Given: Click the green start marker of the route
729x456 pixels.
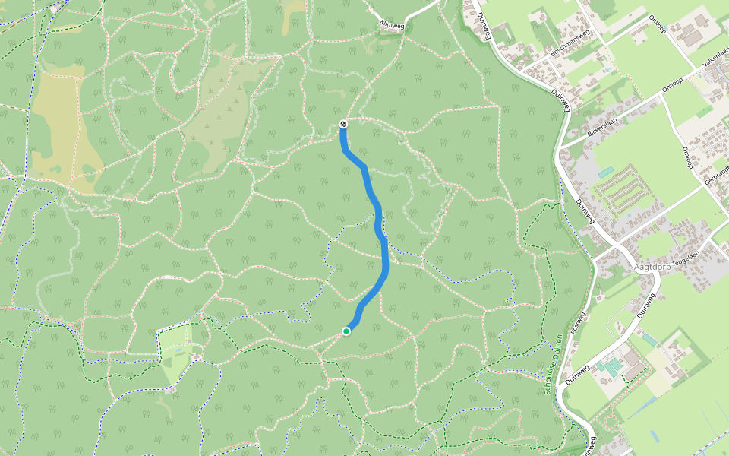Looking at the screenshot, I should click(346, 331).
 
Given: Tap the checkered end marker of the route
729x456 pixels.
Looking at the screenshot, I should click(343, 124).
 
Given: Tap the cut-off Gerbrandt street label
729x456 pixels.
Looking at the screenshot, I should click(718, 181).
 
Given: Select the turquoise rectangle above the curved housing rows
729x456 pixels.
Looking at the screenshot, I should click(605, 173).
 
